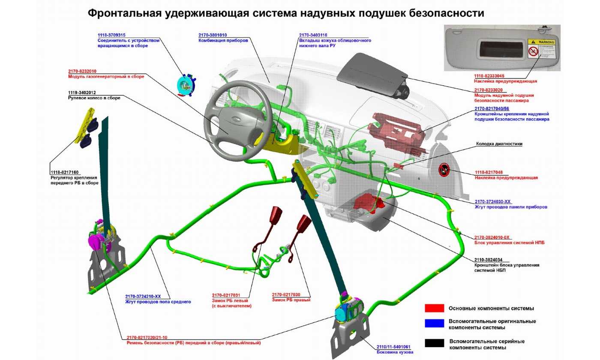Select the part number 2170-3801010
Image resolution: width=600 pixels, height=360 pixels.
[x=213, y=35]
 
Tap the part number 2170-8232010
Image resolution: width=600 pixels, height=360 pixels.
[x=82, y=71]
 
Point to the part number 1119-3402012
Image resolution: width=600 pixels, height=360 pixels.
[x=82, y=93]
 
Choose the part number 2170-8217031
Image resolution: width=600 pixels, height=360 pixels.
[x=226, y=295]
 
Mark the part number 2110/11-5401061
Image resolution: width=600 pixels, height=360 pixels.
[x=393, y=347]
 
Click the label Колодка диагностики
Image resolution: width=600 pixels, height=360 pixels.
[x=499, y=144]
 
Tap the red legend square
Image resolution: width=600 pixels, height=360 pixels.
[x=434, y=308]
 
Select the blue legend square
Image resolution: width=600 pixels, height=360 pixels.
[x=434, y=324]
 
